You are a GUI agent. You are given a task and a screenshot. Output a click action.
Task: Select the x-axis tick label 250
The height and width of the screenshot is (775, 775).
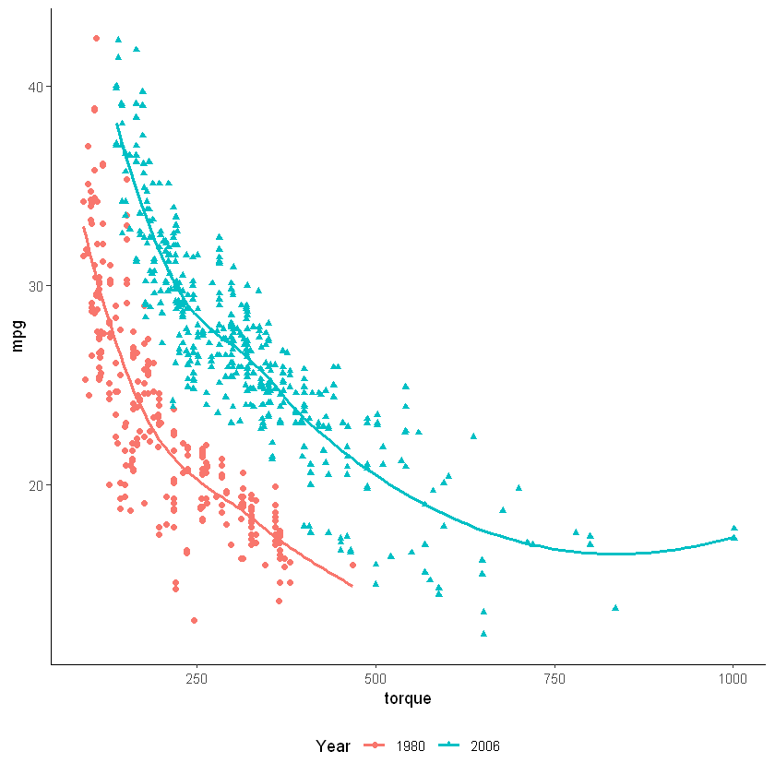(x=196, y=680)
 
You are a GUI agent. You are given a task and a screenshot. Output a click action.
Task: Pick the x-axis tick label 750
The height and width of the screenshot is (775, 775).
(x=554, y=680)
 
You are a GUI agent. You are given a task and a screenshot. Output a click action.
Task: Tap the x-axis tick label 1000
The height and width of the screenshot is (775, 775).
(x=733, y=680)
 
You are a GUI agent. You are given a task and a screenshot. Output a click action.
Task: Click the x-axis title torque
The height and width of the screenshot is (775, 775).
(x=408, y=699)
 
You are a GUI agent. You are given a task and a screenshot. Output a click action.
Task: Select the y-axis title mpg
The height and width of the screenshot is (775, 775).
(x=17, y=335)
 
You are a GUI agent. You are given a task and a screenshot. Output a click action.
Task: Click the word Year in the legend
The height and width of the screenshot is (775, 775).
(x=332, y=745)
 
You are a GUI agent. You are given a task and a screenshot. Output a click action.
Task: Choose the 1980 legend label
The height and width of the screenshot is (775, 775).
(x=411, y=745)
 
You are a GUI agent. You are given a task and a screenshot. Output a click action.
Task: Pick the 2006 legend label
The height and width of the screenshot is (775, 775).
(x=484, y=745)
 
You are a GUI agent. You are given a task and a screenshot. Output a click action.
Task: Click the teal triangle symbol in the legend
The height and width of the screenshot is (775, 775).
(x=450, y=745)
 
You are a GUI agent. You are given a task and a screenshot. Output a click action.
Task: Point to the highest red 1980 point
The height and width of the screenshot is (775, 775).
(x=96, y=38)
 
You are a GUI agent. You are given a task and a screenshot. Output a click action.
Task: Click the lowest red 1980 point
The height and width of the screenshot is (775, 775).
(x=194, y=620)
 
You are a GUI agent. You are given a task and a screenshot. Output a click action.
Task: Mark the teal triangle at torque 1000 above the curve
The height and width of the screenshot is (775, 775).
(x=734, y=528)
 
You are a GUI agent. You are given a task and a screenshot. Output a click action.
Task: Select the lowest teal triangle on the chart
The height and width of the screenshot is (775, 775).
(x=483, y=634)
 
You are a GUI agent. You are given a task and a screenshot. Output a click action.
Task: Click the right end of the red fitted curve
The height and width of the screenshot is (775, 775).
(x=352, y=586)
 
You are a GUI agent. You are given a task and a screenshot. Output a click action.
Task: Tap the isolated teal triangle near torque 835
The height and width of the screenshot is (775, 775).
(x=615, y=608)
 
